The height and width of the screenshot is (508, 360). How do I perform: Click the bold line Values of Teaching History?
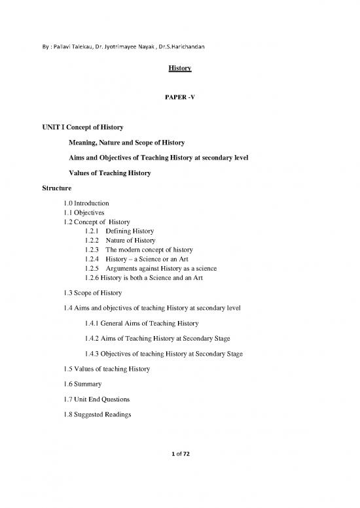109,173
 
